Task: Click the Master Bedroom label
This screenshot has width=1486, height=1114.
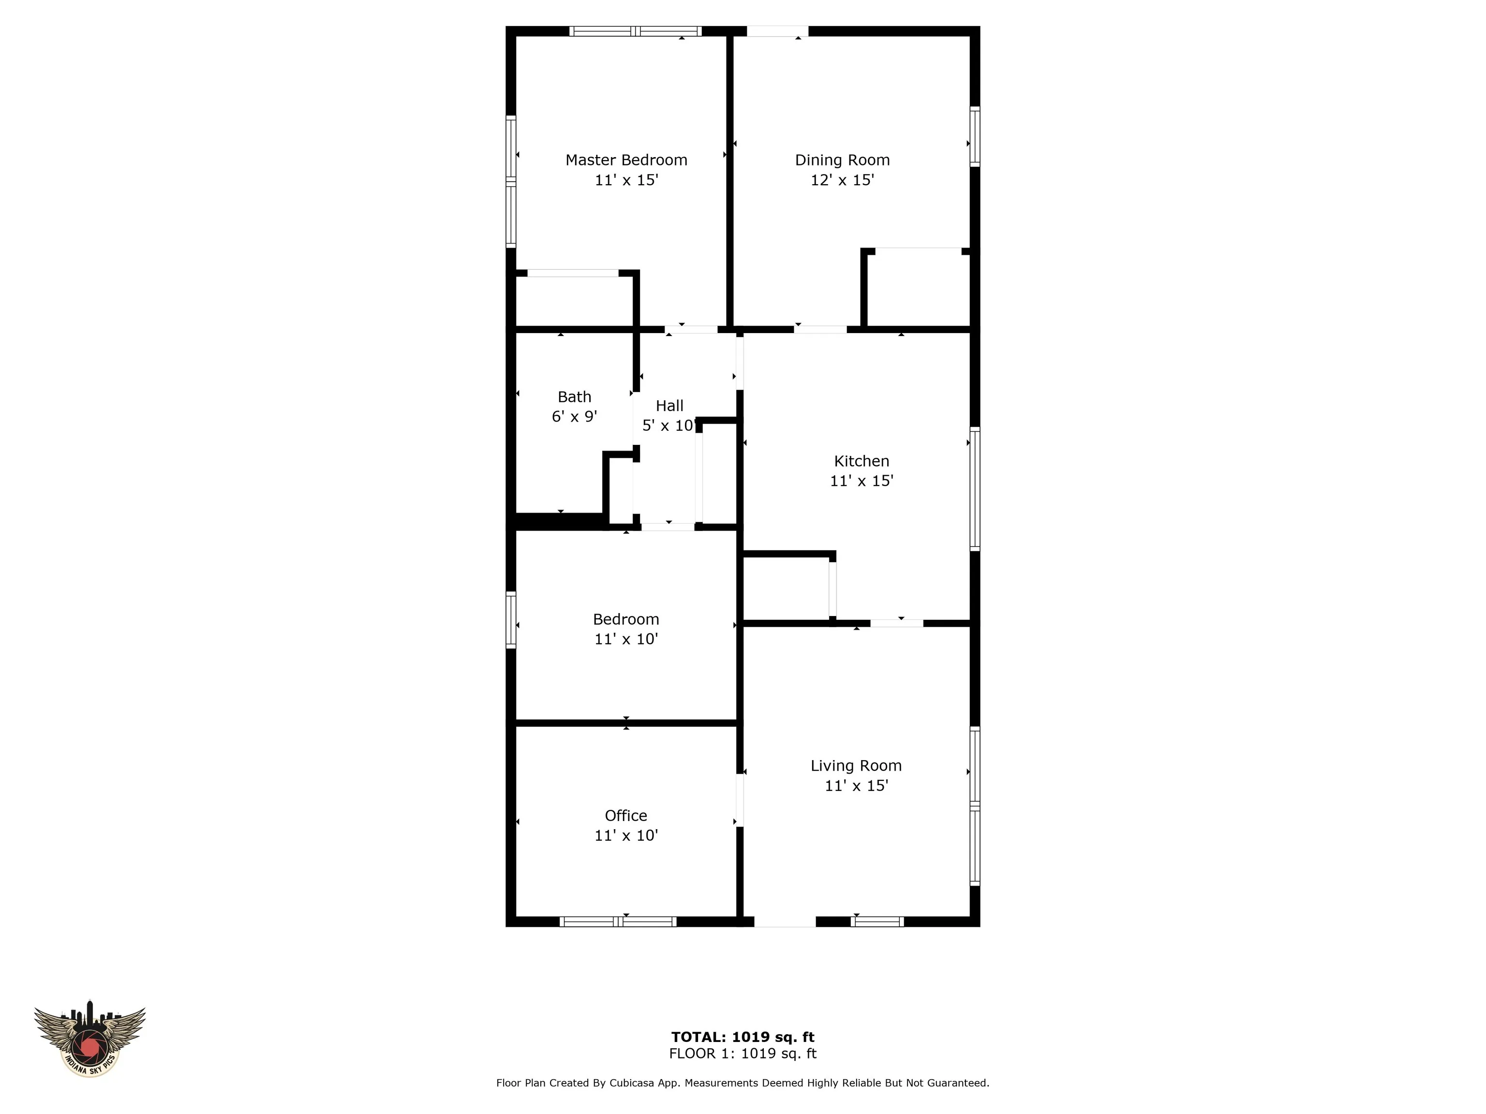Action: click(626, 160)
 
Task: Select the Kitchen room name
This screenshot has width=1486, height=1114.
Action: click(861, 461)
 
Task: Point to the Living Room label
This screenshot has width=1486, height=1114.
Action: click(856, 765)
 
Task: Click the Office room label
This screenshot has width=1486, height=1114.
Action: click(625, 815)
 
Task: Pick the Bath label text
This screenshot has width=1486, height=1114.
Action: click(574, 397)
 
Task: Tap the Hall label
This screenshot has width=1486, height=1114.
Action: click(669, 406)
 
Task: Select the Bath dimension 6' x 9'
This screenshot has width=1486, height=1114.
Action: click(574, 417)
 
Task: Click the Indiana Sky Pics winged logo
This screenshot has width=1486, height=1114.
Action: click(89, 1041)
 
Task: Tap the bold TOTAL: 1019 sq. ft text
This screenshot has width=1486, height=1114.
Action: click(743, 1037)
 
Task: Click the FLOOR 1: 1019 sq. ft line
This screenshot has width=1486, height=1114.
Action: click(743, 1054)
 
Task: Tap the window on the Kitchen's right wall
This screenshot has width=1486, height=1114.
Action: click(975, 489)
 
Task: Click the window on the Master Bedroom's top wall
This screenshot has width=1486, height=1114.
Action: click(636, 31)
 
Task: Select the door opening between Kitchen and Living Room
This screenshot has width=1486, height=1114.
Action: click(896, 623)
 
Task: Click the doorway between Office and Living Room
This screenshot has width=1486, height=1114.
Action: click(740, 800)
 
